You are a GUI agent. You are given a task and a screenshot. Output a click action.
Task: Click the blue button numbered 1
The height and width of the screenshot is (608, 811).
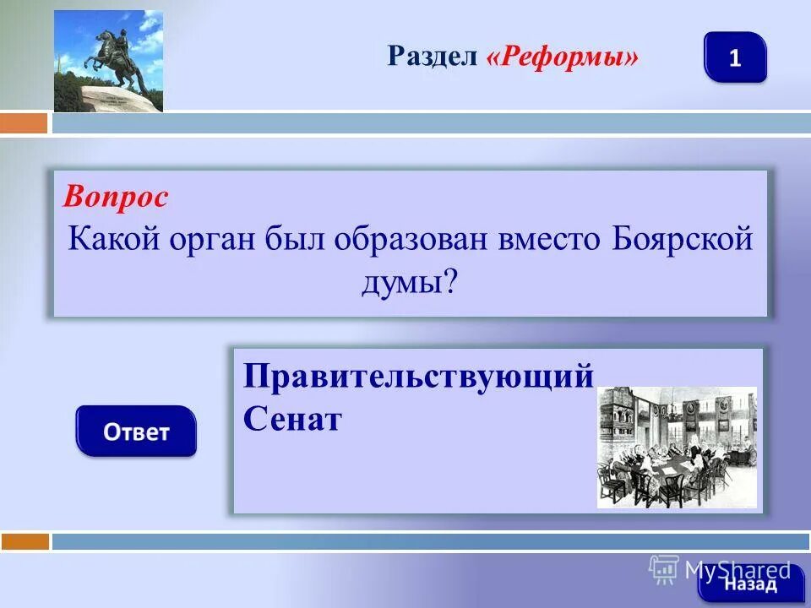click(734, 57)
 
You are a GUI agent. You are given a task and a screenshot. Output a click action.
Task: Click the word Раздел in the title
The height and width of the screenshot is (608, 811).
click(433, 57)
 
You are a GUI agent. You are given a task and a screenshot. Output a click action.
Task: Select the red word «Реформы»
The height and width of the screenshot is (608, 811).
click(561, 57)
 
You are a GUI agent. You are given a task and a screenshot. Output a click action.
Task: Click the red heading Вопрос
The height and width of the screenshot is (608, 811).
click(116, 197)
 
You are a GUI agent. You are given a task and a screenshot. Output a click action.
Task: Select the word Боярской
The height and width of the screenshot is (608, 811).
click(679, 239)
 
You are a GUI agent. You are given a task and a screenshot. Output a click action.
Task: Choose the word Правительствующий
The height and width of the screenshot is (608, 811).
click(418, 377)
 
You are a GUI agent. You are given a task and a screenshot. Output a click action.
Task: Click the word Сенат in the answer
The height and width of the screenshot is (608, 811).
click(292, 418)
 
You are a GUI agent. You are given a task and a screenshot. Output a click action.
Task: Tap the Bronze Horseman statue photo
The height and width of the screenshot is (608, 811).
click(108, 61)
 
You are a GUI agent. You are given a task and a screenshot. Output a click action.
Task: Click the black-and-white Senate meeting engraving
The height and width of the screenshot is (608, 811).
click(677, 447)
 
